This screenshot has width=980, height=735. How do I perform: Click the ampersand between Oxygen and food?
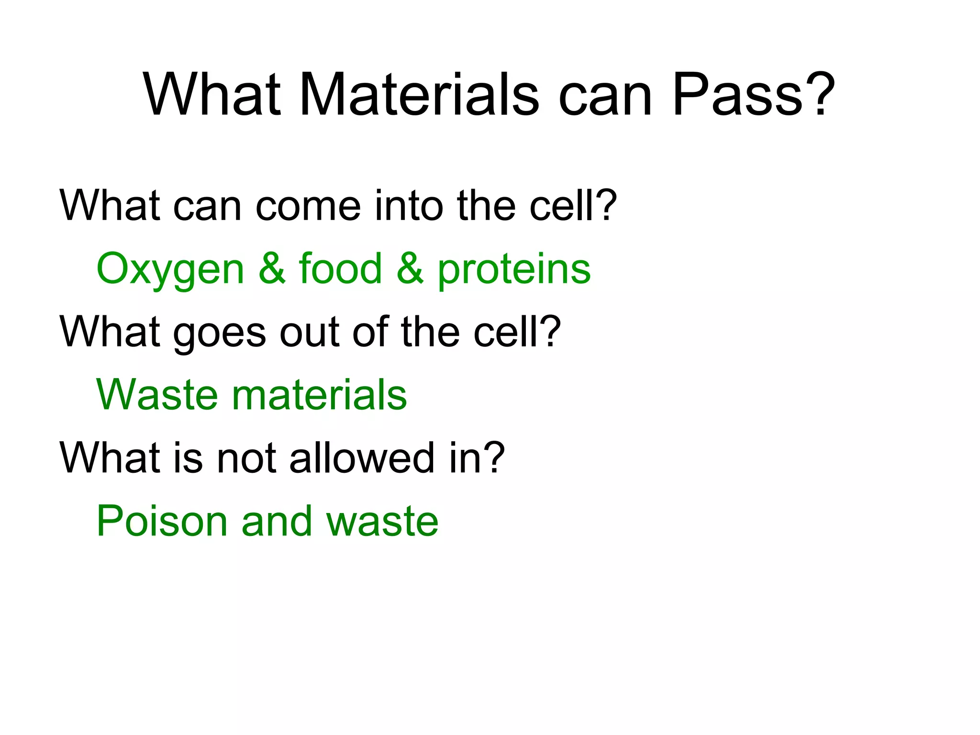point(272,268)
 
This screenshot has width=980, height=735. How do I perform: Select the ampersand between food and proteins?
point(410,268)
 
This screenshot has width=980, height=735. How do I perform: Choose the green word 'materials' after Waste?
point(319,395)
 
